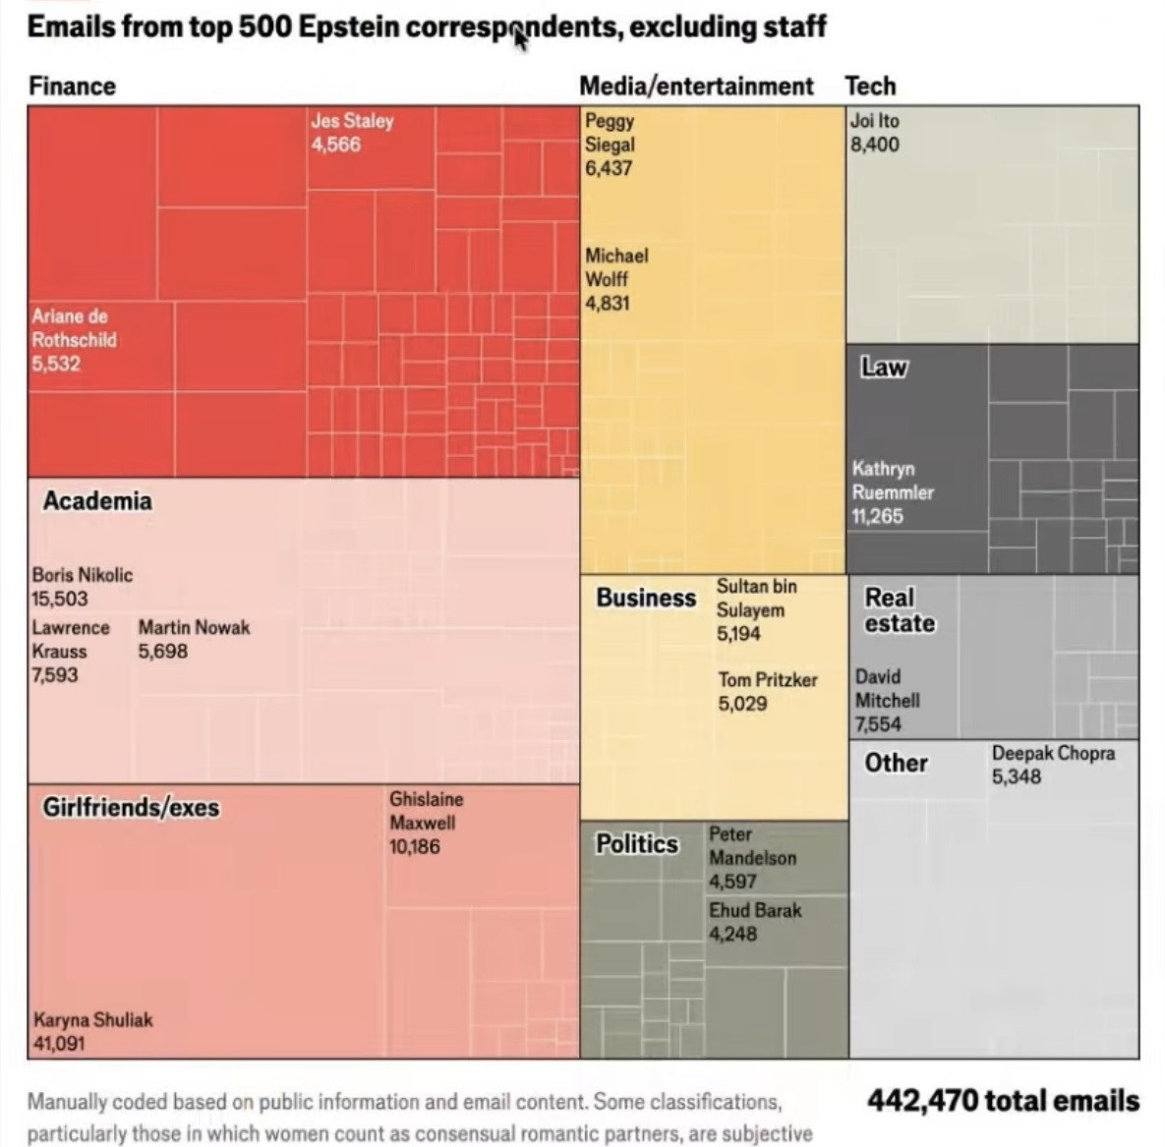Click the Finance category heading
click(72, 86)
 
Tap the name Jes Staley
click(352, 121)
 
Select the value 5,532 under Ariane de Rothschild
click(56, 364)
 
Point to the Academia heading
click(97, 501)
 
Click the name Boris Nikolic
click(82, 575)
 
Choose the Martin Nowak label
click(194, 627)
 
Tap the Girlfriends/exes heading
click(131, 808)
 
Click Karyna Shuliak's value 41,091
click(59, 1043)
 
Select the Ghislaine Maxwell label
click(426, 811)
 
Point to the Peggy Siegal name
click(610, 133)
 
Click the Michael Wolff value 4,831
click(607, 303)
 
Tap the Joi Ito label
click(874, 121)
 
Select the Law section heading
click(884, 368)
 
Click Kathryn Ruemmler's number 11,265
click(877, 516)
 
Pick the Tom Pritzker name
click(767, 680)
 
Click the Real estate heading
click(899, 610)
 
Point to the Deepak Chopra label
click(1053, 754)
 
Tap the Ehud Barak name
click(755, 910)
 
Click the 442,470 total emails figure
click(1003, 1101)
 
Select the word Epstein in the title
click(348, 27)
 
